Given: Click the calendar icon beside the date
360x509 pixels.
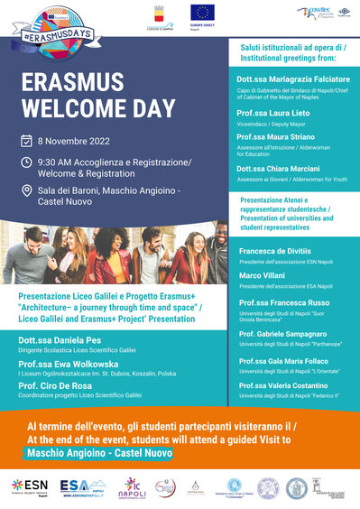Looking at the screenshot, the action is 27,141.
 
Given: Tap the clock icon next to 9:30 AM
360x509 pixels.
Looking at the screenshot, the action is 27,162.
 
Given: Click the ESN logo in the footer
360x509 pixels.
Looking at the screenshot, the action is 31,486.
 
